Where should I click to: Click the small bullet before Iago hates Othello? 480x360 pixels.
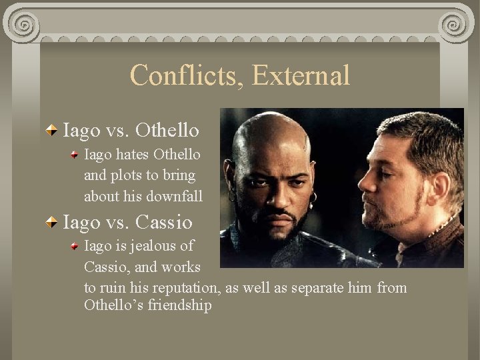tap(75, 154)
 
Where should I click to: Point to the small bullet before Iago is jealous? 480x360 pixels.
tap(75, 245)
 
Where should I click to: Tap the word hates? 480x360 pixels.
tap(131, 154)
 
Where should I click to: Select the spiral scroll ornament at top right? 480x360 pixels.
tap(453, 25)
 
